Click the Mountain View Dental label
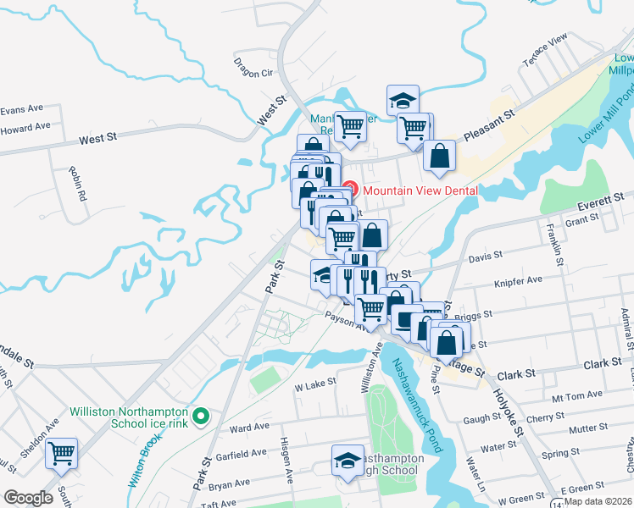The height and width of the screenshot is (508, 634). [x=420, y=190]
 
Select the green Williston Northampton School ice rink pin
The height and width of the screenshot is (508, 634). [x=201, y=416]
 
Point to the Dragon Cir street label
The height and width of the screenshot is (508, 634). [x=254, y=72]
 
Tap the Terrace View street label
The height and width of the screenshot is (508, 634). [x=547, y=52]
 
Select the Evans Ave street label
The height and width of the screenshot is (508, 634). [x=21, y=109]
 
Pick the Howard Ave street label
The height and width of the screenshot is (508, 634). [x=25, y=127]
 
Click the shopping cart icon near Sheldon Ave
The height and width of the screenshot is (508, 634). [x=61, y=453]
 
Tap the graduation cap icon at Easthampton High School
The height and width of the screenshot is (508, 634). [x=347, y=461]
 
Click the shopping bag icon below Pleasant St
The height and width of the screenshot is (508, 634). [x=439, y=156]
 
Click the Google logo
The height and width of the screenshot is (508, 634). [x=28, y=497]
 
